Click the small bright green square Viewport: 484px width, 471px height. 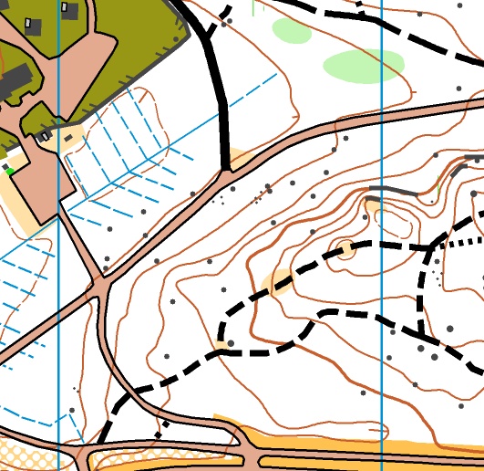(10, 171)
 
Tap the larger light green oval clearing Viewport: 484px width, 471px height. (363, 66)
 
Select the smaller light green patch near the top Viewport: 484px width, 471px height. (292, 30)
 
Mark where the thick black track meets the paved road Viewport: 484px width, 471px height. (225, 169)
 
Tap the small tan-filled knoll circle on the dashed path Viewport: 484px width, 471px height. (346, 248)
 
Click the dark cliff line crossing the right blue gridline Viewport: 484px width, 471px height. (382, 190)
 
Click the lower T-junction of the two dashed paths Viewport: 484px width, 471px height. (420, 333)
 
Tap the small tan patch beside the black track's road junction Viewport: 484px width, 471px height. (236, 158)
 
